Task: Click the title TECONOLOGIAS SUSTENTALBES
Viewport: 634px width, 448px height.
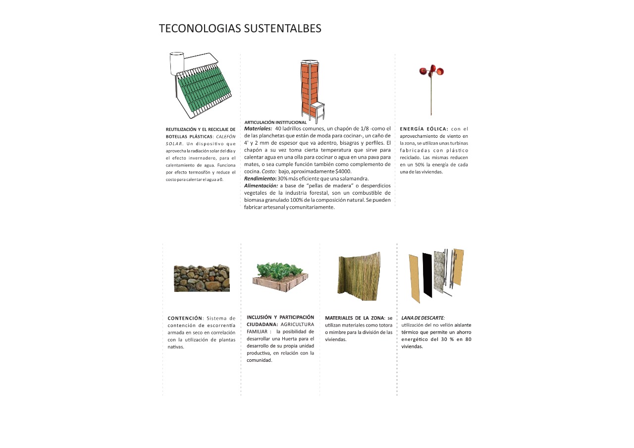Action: (x=240, y=29)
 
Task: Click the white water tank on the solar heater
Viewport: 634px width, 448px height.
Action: (x=176, y=63)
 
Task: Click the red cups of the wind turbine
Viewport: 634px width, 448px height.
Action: (x=431, y=71)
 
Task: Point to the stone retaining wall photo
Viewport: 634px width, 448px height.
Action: (x=202, y=278)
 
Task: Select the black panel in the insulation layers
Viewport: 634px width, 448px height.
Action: (x=427, y=275)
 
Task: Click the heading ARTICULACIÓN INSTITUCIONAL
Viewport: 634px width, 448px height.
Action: (x=275, y=122)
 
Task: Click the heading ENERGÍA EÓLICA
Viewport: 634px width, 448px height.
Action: (x=424, y=129)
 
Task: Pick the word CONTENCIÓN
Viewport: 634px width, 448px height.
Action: (x=185, y=318)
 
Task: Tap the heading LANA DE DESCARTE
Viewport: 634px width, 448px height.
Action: (x=423, y=318)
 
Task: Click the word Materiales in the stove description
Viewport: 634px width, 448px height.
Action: (x=258, y=128)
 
